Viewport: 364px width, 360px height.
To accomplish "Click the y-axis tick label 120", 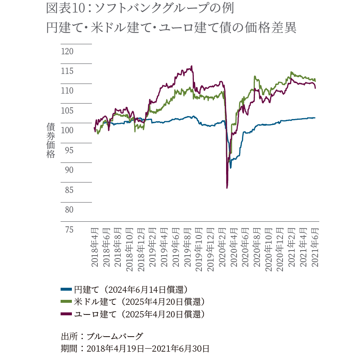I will (67, 51).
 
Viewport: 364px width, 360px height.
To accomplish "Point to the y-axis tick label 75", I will (67, 229).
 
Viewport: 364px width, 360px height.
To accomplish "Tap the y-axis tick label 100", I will (67, 130).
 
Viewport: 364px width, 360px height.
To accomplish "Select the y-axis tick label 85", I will (67, 190).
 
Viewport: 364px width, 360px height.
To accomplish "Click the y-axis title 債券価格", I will (51, 140).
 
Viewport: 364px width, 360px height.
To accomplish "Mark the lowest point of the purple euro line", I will (227, 188).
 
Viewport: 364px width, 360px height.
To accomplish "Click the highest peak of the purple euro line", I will (191, 66).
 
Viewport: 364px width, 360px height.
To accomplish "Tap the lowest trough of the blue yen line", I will (230, 167).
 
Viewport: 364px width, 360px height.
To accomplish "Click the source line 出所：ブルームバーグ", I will (102, 336).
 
